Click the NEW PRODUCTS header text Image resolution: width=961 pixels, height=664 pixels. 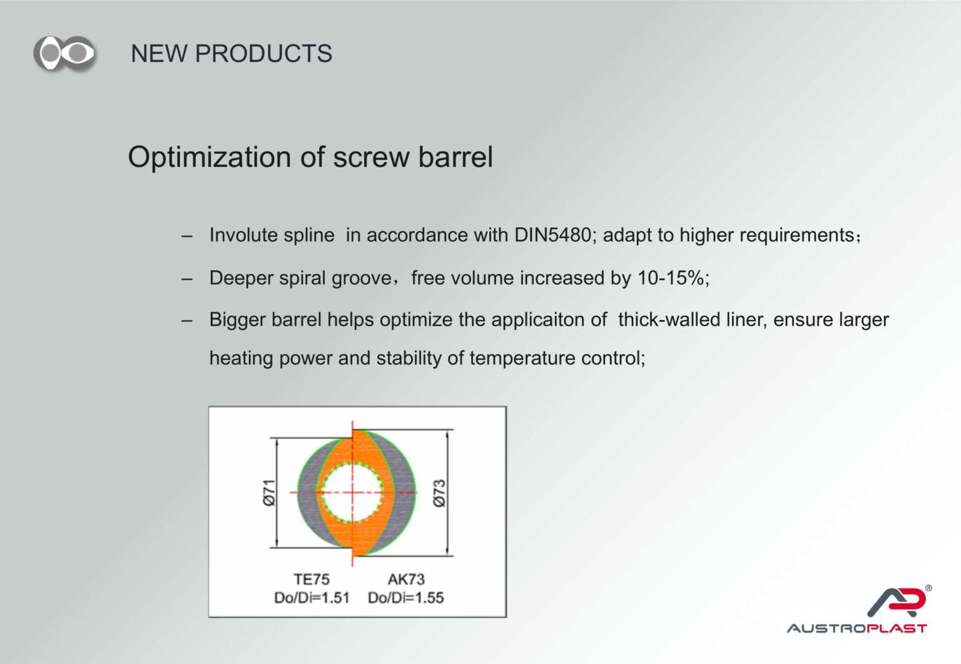tap(231, 54)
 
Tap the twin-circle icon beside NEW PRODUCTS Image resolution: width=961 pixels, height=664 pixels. tap(65, 54)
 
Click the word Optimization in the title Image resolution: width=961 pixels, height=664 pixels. tap(210, 158)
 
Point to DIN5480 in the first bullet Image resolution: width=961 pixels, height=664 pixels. tap(552, 235)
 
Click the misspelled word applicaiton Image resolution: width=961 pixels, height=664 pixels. tap(549, 320)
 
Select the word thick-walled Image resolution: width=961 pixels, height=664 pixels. tap(669, 319)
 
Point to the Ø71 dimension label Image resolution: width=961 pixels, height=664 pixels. tap(268, 493)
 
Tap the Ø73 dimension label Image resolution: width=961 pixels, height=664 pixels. tap(439, 493)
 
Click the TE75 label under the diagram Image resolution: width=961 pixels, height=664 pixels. tap(312, 579)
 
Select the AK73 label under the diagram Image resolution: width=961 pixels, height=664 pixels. tap(406, 579)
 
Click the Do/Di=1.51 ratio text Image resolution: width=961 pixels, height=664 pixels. tap(312, 598)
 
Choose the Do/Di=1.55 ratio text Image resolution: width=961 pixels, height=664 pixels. tap(406, 598)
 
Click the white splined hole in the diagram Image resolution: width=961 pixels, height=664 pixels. tap(352, 493)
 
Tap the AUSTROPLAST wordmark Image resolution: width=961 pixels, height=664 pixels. tap(857, 628)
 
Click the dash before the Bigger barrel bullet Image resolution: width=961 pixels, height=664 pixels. tap(186, 321)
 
